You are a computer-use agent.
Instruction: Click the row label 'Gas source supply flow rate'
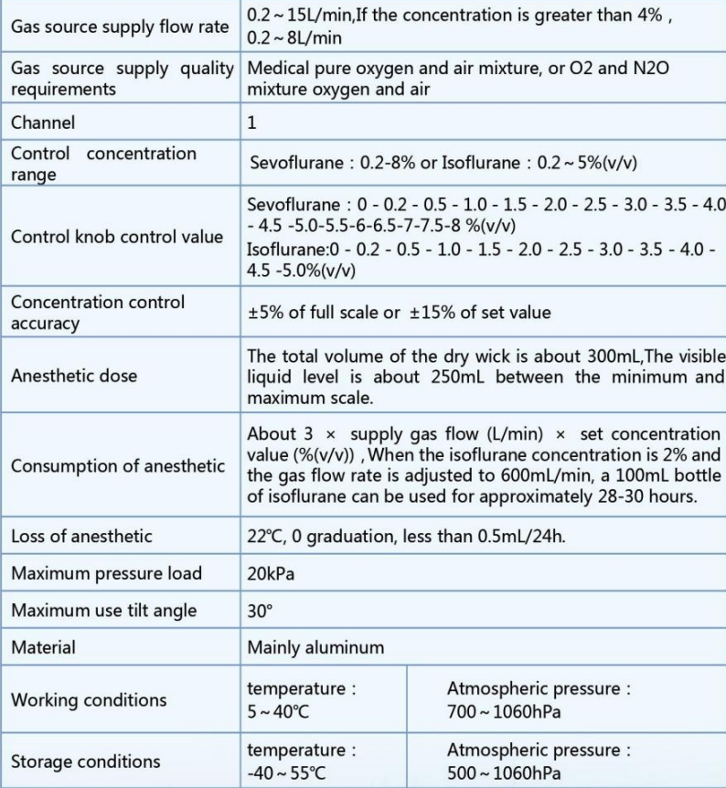coord(119,27)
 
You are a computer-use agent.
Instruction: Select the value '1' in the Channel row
coord(252,122)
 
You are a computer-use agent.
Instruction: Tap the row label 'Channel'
coord(43,122)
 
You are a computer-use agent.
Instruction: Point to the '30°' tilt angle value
coord(260,611)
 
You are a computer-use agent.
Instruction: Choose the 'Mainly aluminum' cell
coord(315,647)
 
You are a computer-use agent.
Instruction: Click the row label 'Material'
coord(43,647)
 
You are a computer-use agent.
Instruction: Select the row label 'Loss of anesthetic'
coord(81,537)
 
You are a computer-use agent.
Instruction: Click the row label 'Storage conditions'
coord(85,761)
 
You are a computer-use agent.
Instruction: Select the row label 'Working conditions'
coord(89,700)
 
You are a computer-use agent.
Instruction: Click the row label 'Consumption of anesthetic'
coord(117,466)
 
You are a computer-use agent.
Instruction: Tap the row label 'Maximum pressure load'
coord(106,574)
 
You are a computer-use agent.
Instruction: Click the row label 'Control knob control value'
coord(117,237)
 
